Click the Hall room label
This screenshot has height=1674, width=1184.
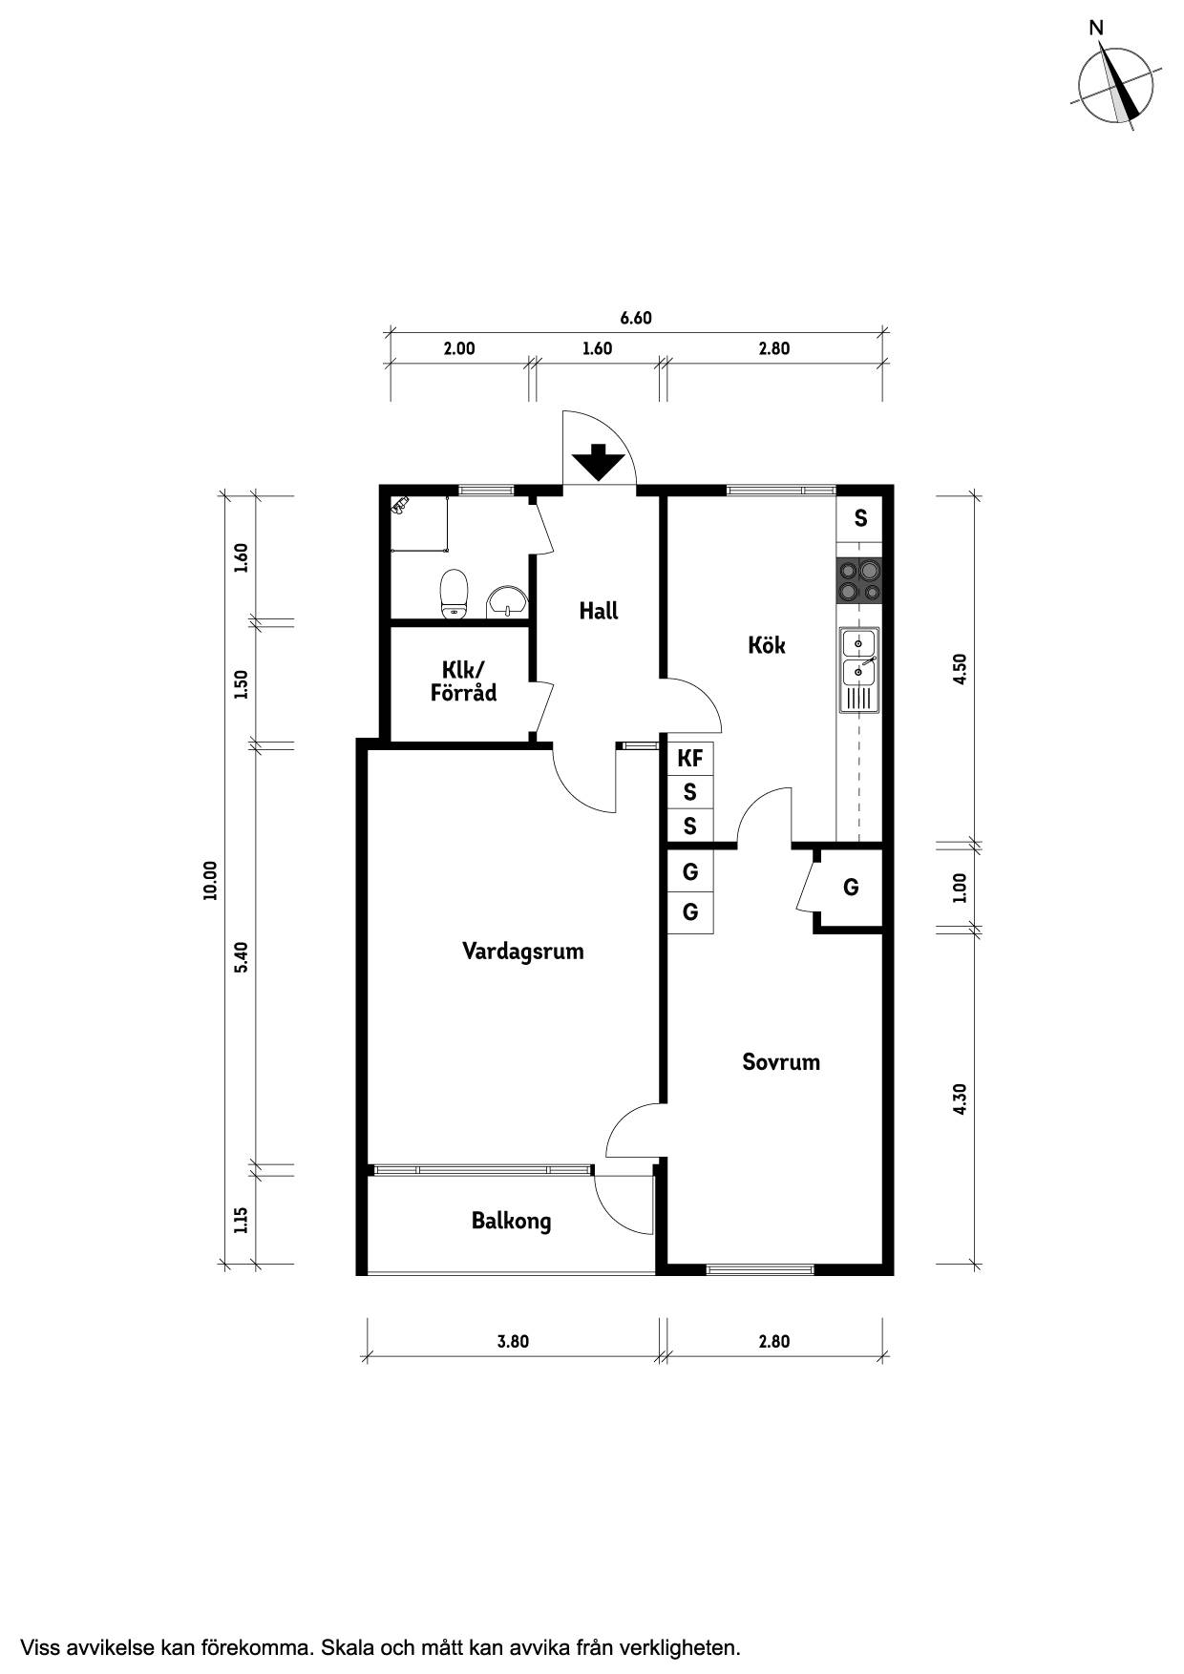coord(599,611)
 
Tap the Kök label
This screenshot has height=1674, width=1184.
coord(767,645)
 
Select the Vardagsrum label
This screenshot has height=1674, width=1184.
coord(522,952)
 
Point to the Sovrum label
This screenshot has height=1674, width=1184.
coord(781,1062)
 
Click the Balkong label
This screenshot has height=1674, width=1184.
coord(511,1221)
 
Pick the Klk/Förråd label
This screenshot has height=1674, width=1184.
coord(463,681)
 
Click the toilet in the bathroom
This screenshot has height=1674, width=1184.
coord(454,595)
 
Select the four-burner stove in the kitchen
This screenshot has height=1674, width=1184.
coord(859,580)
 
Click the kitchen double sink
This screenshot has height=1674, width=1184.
coord(859,670)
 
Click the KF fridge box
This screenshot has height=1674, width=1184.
coord(690,759)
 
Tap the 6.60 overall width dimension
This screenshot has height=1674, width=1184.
coord(636,318)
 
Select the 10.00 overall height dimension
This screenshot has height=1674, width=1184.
coord(210,880)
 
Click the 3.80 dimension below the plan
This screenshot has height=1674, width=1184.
coord(513,1341)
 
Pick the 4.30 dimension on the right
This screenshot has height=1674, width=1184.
coord(961,1099)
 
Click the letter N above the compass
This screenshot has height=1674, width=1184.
coord(1096,29)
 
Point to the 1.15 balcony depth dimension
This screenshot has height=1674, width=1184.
coord(241,1220)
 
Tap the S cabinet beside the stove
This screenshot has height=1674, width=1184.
coord(860,518)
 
